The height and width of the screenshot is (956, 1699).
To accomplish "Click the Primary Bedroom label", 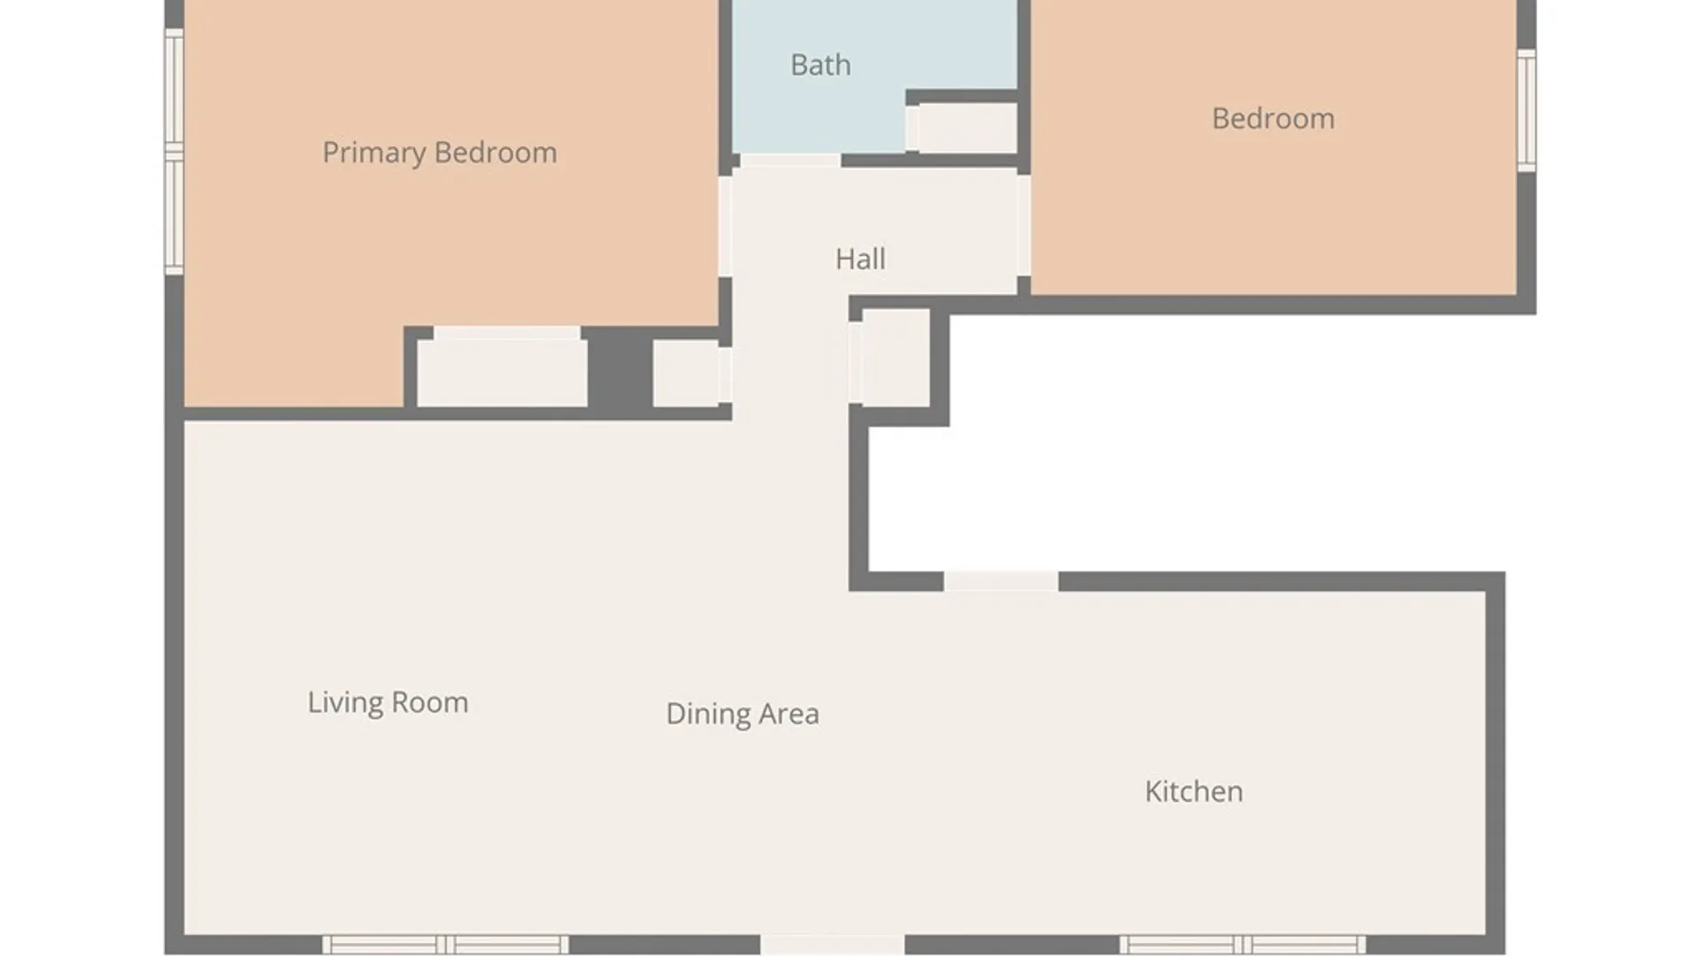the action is point(440,153).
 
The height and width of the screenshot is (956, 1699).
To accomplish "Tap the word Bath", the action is point(820,65).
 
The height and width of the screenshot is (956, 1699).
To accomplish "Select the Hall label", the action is point(860,258).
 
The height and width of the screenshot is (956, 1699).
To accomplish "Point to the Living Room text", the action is point(388,703).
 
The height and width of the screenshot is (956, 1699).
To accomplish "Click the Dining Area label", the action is point(742,713).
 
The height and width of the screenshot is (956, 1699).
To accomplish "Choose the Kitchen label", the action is point(1194,791).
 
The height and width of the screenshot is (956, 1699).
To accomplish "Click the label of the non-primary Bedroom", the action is point(1273,119).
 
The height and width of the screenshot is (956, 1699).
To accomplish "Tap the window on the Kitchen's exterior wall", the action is point(1242,944).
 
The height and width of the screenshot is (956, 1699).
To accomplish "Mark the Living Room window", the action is point(445,944).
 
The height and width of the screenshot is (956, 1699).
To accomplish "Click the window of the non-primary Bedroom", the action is point(1526,110).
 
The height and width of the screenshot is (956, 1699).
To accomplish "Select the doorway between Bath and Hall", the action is point(790,160).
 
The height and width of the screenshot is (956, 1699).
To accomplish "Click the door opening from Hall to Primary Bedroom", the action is point(725,227).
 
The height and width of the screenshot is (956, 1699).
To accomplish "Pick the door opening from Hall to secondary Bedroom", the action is point(1024,226).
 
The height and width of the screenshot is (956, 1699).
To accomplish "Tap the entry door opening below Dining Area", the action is point(833,944).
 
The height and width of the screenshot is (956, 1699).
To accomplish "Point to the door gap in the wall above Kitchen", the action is point(1001,582).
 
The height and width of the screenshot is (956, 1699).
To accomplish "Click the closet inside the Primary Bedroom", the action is point(502,373).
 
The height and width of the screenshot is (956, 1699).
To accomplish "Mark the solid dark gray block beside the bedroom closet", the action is point(619,367).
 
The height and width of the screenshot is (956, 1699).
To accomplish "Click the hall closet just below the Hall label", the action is point(896,358).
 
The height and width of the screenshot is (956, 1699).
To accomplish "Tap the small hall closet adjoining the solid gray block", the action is point(686,374).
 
